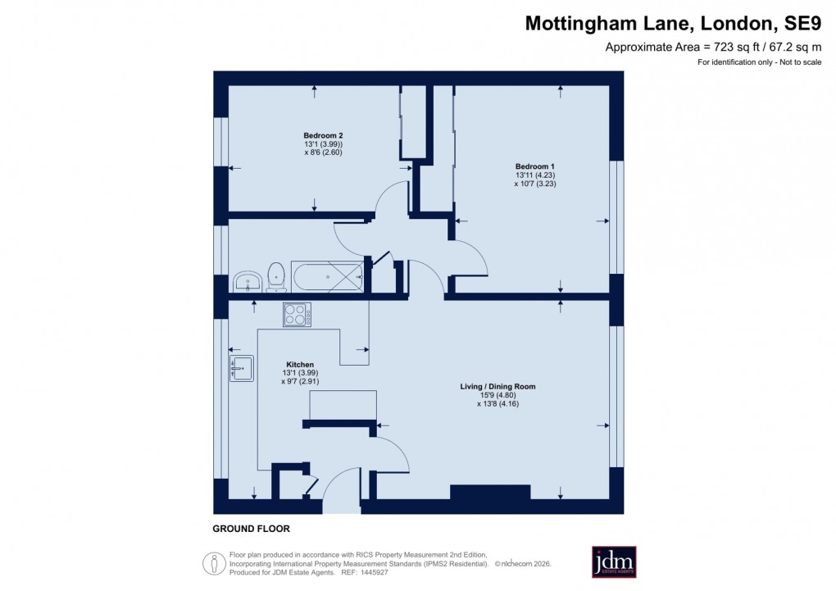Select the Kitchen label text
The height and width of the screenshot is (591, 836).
(299, 364)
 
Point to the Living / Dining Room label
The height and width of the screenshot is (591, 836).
(498, 385)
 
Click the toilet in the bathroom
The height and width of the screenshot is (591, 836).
(276, 276)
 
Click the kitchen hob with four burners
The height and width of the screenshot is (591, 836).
(296, 314)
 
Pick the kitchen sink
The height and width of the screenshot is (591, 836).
(242, 369)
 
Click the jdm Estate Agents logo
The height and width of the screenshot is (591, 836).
(614, 562)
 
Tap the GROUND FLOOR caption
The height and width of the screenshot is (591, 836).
(251, 529)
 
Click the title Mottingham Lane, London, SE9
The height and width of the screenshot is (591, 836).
(673, 24)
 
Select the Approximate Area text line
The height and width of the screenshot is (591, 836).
(713, 48)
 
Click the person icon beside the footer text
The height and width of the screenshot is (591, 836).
(215, 563)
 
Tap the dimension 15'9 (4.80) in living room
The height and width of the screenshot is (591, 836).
(498, 394)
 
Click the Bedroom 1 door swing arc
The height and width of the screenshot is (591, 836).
(471, 261)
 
